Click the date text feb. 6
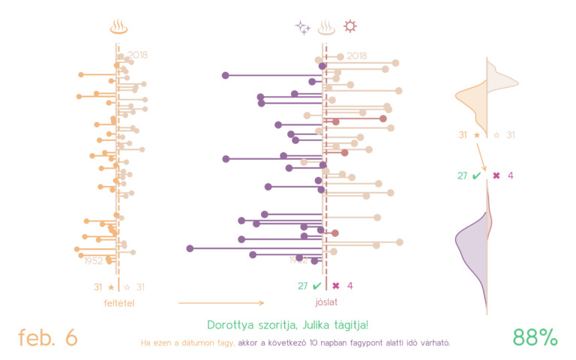[x=48, y=337]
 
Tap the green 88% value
[x=535, y=337]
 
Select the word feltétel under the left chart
[x=118, y=303]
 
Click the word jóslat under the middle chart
[x=325, y=303]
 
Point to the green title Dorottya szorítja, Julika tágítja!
[x=287, y=325]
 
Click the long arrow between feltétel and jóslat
[x=221, y=303]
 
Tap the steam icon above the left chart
[x=118, y=28]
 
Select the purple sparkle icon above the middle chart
[x=302, y=28]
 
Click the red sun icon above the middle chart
[x=349, y=27]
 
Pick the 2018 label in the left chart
[x=137, y=55]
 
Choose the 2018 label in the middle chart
[x=357, y=56]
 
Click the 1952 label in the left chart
[x=94, y=261]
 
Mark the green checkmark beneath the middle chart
[x=316, y=286]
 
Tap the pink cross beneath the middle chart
[x=336, y=286]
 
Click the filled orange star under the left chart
[x=111, y=286]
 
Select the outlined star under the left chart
[x=127, y=286]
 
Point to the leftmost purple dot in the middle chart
[x=190, y=247]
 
